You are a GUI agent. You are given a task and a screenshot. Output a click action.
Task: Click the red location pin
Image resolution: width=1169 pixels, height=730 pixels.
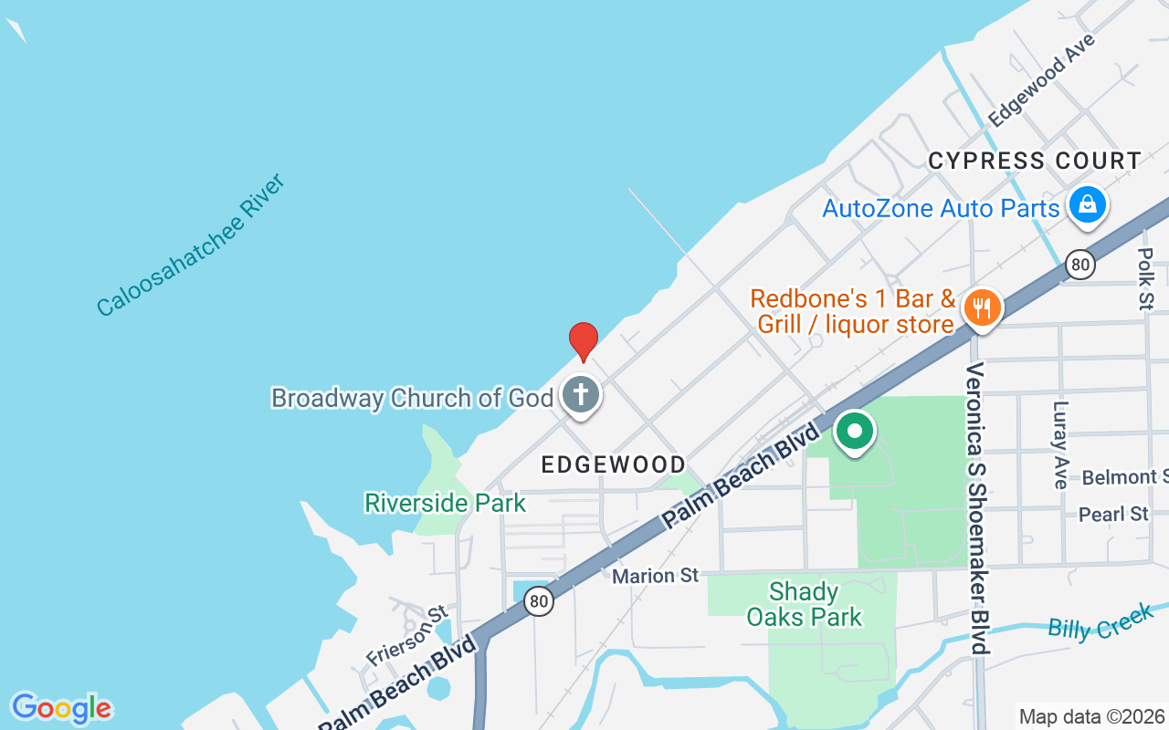[583, 341]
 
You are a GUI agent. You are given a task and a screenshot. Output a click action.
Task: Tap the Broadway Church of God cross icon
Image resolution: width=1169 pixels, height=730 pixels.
[581, 395]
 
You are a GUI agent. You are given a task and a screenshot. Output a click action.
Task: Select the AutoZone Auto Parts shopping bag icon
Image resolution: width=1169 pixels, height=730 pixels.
[1088, 203]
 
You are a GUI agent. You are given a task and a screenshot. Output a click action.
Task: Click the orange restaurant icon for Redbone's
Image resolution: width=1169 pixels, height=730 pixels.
[982, 307]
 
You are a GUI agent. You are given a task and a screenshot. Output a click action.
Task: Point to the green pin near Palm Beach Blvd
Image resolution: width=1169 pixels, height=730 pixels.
[855, 430]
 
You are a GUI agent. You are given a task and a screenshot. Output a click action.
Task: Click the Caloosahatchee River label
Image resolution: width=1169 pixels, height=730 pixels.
[191, 245]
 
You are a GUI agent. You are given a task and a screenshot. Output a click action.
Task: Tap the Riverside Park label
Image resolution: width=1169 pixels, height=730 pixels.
[445, 503]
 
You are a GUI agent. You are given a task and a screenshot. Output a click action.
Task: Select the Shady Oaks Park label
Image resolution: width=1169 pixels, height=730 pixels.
[804, 604]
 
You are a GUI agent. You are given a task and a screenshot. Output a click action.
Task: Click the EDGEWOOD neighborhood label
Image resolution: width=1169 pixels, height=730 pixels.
[613, 464]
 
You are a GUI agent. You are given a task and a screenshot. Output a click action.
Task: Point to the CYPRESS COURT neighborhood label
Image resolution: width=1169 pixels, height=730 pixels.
[1035, 162]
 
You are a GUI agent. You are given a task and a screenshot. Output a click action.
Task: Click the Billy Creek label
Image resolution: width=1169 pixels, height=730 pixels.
[1101, 621]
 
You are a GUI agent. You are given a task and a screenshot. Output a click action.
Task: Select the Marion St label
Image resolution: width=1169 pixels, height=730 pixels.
[655, 576]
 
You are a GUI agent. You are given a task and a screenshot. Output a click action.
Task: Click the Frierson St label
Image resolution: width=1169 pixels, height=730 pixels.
[405, 634]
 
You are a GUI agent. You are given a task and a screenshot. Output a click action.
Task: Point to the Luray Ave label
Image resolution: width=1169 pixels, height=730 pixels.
[1059, 445]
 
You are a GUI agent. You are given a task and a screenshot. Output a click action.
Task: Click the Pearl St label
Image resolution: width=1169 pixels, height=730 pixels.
[1113, 515]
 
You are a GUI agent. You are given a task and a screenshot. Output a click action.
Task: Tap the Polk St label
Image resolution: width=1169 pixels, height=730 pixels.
[1145, 278]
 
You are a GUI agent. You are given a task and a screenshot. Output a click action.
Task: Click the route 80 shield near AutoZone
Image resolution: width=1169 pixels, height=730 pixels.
[1080, 265]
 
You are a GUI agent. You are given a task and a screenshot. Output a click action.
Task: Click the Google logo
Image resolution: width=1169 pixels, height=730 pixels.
[61, 708]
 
